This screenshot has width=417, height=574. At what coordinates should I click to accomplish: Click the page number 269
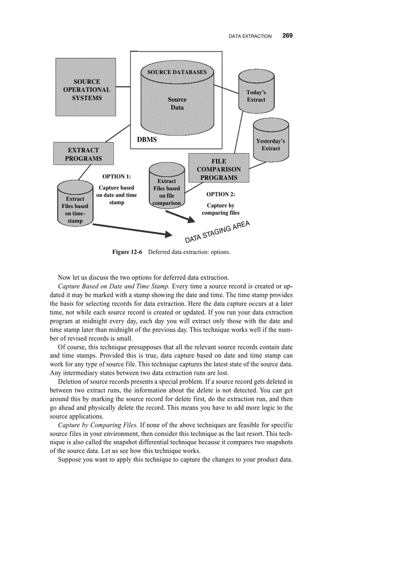coord(287,36)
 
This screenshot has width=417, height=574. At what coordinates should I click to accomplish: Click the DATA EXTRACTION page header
coord(250,36)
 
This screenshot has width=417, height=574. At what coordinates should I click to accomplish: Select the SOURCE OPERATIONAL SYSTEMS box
coord(86,87)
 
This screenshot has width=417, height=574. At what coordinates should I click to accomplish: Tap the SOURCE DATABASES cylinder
coord(177,100)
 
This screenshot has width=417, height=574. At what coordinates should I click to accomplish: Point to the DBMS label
coord(147,140)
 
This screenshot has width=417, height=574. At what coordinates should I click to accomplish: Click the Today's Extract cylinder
coord(256,91)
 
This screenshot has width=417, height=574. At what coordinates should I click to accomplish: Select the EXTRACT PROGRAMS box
coord(83,154)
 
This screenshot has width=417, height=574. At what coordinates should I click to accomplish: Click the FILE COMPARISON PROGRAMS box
coord(219,168)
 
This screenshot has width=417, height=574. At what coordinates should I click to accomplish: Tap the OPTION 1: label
coord(117,177)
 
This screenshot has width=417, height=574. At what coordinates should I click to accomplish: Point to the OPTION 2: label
coord(220,194)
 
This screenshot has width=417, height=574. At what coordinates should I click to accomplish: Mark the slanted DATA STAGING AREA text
coord(217,232)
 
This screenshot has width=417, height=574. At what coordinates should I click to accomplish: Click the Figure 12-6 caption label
coord(127,252)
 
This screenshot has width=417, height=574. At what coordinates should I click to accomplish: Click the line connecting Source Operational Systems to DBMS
coord(123,87)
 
